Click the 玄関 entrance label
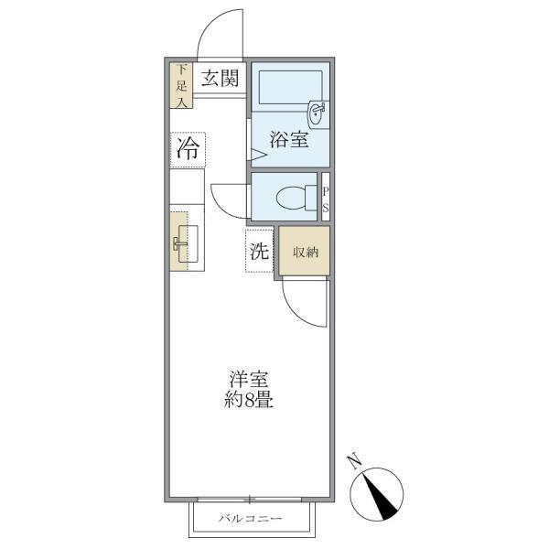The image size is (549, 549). click(x=220, y=78)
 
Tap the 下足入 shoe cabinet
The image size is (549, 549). click(x=181, y=85)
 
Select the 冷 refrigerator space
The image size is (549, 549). click(x=188, y=150)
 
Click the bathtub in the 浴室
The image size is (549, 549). click(x=291, y=87)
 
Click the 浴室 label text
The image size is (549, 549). click(x=289, y=139)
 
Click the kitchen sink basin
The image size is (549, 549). click(x=188, y=243)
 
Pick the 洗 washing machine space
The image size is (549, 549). click(x=259, y=251)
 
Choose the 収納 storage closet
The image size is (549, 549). click(x=305, y=251)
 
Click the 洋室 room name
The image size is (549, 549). click(x=249, y=379)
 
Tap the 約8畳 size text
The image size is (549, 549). click(x=249, y=400)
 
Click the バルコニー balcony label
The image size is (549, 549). click(x=251, y=518)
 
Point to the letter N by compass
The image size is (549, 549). click(x=355, y=461)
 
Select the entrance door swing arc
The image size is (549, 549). click(x=210, y=25)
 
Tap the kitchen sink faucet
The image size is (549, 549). click(x=178, y=242)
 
